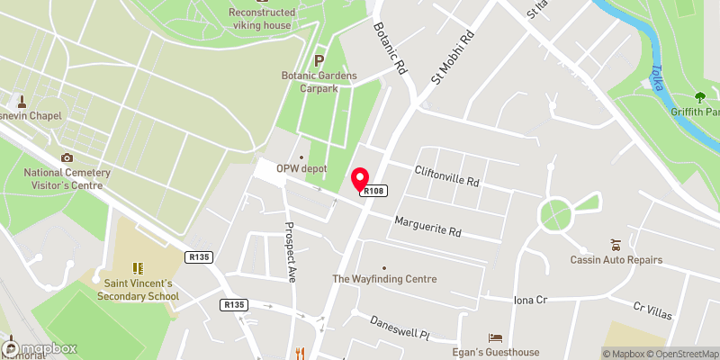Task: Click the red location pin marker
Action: (360, 178)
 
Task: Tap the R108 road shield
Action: (374, 191)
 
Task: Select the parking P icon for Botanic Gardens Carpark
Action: (319, 60)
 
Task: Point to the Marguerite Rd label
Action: (427, 226)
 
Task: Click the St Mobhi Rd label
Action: (452, 60)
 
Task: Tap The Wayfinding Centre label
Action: (384, 279)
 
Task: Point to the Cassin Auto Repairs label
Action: (616, 260)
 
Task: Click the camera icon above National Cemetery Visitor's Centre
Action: (66, 157)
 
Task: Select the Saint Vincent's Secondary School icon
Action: (139, 267)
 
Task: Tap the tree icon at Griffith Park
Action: (700, 97)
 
